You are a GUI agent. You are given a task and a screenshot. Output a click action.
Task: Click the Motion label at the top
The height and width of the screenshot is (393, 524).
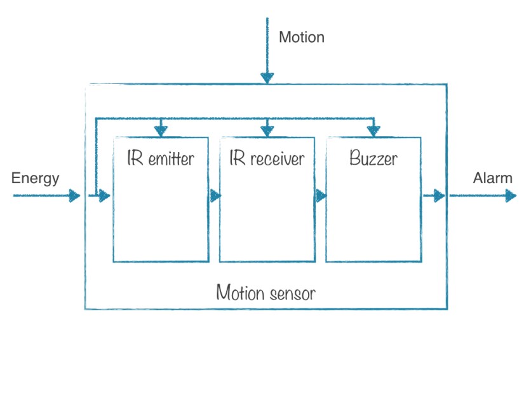click(302, 37)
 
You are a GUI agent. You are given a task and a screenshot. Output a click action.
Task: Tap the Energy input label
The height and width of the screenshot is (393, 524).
click(35, 178)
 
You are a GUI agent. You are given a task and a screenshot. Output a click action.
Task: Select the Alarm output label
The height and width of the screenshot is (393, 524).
click(492, 178)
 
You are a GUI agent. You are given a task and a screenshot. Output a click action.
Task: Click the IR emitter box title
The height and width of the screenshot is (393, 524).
click(160, 158)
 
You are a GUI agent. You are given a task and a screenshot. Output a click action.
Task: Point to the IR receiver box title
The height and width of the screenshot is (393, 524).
click(267, 158)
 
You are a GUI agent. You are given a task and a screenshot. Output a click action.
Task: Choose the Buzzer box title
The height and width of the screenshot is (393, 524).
click(373, 158)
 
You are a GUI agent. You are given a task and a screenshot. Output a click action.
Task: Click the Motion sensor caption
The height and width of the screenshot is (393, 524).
click(265, 293)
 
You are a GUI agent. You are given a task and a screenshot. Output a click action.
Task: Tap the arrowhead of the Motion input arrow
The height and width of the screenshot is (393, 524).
click(267, 78)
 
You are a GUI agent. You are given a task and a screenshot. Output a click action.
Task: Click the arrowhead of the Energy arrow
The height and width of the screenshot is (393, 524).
click(75, 196)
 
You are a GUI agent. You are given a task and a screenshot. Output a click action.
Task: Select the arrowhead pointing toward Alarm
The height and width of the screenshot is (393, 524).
click(510, 196)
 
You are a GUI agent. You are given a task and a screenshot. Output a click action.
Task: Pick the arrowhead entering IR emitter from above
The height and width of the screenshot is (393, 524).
click(161, 130)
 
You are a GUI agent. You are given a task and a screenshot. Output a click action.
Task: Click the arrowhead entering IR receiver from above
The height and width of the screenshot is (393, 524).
click(267, 130)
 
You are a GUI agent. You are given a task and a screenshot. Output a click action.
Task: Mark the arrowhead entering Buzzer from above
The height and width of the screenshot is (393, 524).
click(373, 130)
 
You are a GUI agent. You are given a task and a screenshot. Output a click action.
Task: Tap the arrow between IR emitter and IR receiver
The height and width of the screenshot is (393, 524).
click(215, 196)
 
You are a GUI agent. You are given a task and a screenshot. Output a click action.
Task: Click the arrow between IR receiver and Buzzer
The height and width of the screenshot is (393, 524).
click(321, 196)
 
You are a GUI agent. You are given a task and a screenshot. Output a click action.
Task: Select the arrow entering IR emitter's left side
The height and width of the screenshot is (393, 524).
click(102, 196)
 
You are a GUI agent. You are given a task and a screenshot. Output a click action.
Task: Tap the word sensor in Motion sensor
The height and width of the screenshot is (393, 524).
click(292, 293)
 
